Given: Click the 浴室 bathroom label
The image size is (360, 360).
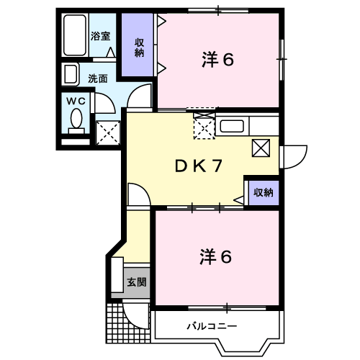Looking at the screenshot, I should click(x=100, y=35).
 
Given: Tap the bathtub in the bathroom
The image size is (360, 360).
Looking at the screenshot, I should click(x=73, y=35).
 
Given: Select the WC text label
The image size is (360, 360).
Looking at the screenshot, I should click(x=76, y=102).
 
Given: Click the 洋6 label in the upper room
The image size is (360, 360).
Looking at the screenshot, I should click(x=217, y=60).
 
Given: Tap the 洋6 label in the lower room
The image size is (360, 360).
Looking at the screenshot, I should click(x=216, y=256).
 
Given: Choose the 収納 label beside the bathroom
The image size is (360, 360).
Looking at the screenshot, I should click(x=139, y=46).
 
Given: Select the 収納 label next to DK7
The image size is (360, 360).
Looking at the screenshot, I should click(x=262, y=192).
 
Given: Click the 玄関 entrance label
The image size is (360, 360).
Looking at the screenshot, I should click(x=137, y=282).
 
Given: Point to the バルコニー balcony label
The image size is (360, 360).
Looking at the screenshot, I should click(x=213, y=325).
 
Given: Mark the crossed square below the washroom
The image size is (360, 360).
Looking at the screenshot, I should click(x=108, y=131).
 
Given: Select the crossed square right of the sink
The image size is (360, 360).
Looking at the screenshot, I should click(x=260, y=147).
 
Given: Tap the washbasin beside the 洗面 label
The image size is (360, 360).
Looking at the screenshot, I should click(x=71, y=75).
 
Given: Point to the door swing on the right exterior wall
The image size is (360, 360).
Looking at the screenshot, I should click(x=293, y=156).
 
